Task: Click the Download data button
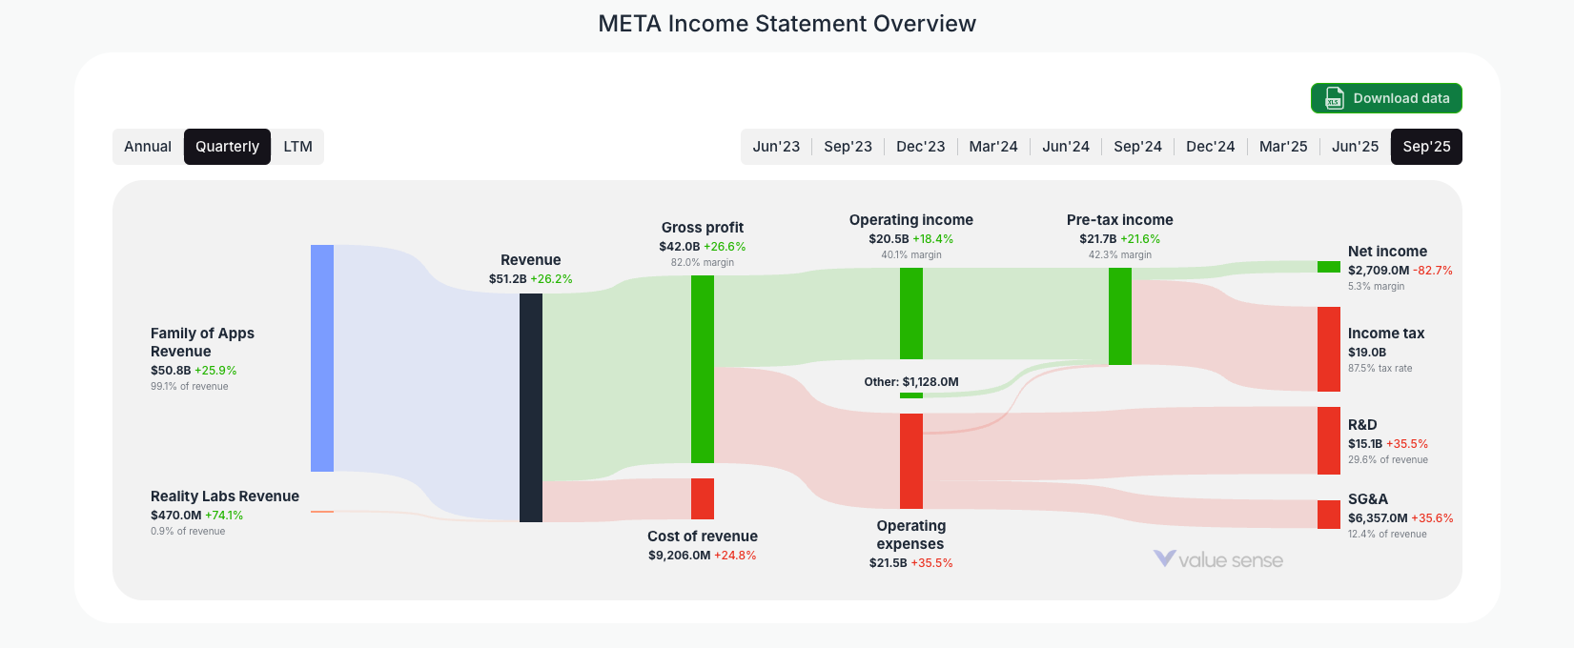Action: (1386, 98)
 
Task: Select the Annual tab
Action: (148, 147)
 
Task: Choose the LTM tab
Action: (297, 147)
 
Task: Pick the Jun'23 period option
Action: (776, 147)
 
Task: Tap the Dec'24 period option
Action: (1210, 147)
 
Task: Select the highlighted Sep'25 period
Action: (1426, 147)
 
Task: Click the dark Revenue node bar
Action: (531, 408)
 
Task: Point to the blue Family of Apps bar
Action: (322, 357)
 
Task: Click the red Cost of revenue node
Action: (703, 498)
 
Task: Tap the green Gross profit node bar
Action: (703, 369)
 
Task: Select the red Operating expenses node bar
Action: (911, 461)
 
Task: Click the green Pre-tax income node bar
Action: (1120, 316)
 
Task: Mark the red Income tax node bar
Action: (1329, 349)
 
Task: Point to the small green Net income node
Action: (1329, 267)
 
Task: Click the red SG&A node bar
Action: (1329, 515)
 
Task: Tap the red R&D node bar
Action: (1329, 440)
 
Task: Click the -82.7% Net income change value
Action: (1433, 271)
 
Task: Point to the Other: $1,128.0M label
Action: (911, 382)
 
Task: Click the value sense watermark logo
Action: (1218, 559)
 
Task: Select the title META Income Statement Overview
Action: (787, 24)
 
